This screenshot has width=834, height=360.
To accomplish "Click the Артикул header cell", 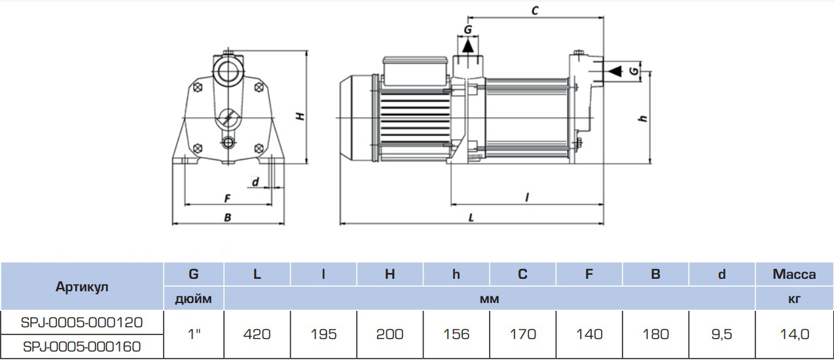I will coord(82,287).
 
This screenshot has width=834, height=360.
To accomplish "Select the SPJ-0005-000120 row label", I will coord(82,322).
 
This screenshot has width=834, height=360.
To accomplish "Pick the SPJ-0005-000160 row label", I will coord(82,346).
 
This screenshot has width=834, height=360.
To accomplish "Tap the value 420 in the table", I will coord(257,334).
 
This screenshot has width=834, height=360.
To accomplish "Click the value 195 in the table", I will coord(324,334).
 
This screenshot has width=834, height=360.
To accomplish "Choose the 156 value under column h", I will coord(456,334).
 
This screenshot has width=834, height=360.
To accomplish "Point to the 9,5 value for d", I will coord(722,334).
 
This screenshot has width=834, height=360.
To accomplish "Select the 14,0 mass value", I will coord(794,334).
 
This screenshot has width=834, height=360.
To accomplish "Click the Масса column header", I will coord(794,274).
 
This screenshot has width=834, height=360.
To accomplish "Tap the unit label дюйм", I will coord(193,299).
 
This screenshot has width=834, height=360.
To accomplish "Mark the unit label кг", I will coord(794,299).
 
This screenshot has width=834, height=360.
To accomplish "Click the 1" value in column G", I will coord(193,334).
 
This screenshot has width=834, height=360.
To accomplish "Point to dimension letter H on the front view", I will coord(300,116).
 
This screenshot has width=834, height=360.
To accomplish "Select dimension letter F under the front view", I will coord(227,198).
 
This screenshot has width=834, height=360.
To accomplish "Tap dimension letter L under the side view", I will coord(471,217).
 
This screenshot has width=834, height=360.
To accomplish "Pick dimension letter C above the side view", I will coord(534,11).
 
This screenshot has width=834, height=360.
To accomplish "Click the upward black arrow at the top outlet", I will coord(468,46).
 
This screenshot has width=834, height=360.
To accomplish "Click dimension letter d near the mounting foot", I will coord(256,181).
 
